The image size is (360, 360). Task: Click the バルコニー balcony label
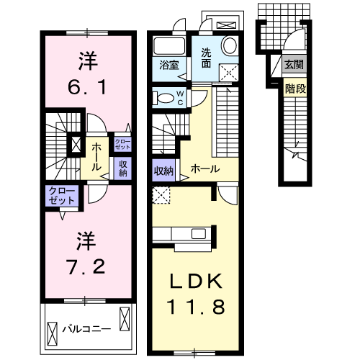click(x=86, y=328)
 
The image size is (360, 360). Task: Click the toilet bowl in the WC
click(x=163, y=98)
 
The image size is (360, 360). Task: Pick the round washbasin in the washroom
click(x=230, y=46)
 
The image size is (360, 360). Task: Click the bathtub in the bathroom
click(x=170, y=45)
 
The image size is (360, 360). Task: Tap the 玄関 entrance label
click(x=294, y=65)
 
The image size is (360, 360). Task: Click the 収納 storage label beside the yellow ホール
click(x=163, y=171)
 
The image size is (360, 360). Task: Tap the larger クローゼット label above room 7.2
click(x=61, y=195)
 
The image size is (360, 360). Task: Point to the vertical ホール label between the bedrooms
click(x=96, y=156)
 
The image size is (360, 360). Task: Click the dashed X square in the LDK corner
click(x=162, y=194)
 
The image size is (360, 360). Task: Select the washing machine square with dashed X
click(x=231, y=71)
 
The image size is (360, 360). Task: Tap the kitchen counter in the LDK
click(x=184, y=235)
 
